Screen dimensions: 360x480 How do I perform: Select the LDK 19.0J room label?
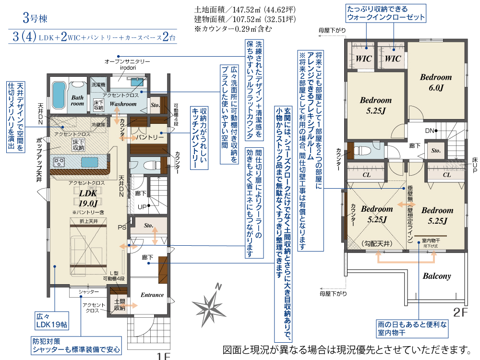point(88,198)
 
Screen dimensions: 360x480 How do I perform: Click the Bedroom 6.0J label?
point(436,82)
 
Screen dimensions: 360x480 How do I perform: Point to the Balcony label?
point(437,276)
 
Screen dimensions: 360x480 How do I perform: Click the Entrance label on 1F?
point(152,295)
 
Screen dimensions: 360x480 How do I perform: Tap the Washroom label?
point(123,103)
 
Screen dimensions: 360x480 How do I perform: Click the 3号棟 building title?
point(36,19)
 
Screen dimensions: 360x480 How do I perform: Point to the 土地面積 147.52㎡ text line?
point(245,10)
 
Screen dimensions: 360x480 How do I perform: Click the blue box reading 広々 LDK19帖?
point(52,321)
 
